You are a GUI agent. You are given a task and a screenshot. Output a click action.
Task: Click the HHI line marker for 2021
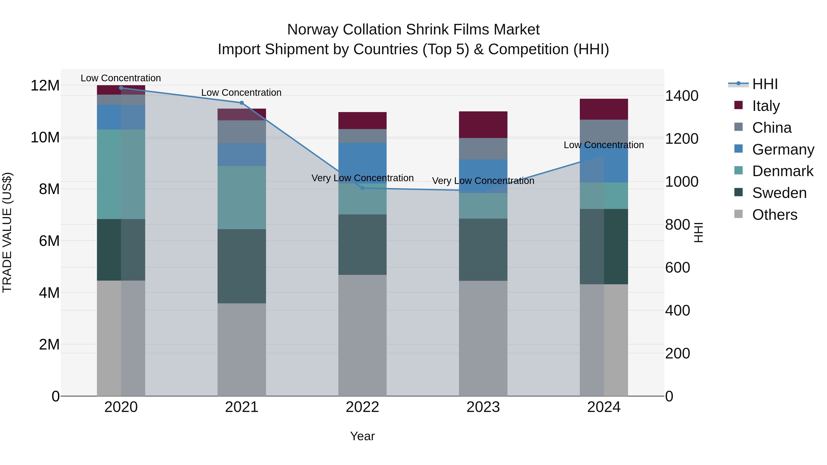(242, 103)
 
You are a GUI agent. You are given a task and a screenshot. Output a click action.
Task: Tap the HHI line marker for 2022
(363, 188)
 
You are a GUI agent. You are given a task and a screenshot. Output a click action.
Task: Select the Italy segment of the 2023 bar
(483, 125)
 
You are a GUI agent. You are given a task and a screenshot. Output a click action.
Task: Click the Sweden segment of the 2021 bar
(242, 266)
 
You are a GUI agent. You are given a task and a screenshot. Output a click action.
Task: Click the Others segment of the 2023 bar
(483, 338)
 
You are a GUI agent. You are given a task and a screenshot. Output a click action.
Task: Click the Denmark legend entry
(782, 171)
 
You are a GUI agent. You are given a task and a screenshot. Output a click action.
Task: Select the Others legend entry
(774, 215)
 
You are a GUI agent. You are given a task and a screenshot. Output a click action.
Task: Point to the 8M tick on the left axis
(49, 189)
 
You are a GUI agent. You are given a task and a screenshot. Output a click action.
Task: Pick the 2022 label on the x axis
(363, 407)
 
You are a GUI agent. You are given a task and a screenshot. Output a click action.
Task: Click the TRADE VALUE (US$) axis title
(7, 232)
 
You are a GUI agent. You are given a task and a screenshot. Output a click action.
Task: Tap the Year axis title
(363, 436)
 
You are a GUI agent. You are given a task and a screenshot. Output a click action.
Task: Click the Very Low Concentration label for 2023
(483, 181)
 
